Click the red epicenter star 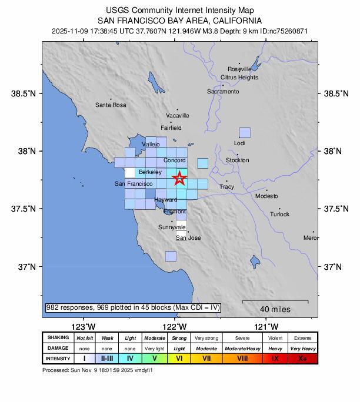point(179,179)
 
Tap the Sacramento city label point(223,92)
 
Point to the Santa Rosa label point(111,105)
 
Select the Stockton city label point(237,160)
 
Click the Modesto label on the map point(266,196)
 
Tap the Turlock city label point(279,215)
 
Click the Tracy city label point(226,187)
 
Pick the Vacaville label point(177,116)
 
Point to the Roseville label point(239,69)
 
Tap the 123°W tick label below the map point(84,327)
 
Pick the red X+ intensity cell point(302,359)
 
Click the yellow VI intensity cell point(179,359)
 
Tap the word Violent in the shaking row point(274,338)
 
